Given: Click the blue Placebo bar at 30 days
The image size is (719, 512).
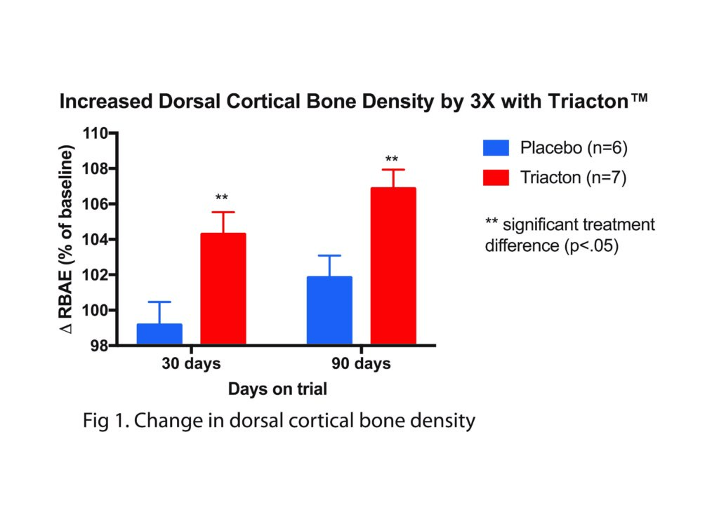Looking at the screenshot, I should pyautogui.click(x=159, y=334).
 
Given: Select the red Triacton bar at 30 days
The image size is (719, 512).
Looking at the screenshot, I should pyautogui.click(x=223, y=288).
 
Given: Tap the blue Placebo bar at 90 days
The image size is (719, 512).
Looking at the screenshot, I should pyautogui.click(x=329, y=310).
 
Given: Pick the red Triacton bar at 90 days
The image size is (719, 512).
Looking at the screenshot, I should pyautogui.click(x=393, y=266).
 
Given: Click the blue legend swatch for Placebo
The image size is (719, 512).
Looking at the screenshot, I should pyautogui.click(x=496, y=149).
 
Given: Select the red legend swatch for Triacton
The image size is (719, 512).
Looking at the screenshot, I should pyautogui.click(x=496, y=177).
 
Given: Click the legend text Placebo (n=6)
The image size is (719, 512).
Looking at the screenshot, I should pyautogui.click(x=573, y=149).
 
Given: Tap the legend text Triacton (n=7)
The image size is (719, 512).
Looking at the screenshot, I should pyautogui.click(x=573, y=177).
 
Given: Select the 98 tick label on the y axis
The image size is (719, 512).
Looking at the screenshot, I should pyautogui.click(x=99, y=346).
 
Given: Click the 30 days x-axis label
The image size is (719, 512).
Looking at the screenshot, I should pyautogui.click(x=191, y=364).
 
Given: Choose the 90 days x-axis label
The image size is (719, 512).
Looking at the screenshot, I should pyautogui.click(x=361, y=364).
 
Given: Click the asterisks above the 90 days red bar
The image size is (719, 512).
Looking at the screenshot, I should pyautogui.click(x=392, y=159).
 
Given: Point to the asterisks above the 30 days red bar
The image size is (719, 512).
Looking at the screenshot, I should pyautogui.click(x=223, y=198).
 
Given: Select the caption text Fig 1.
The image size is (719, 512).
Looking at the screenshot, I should pyautogui.click(x=103, y=421).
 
